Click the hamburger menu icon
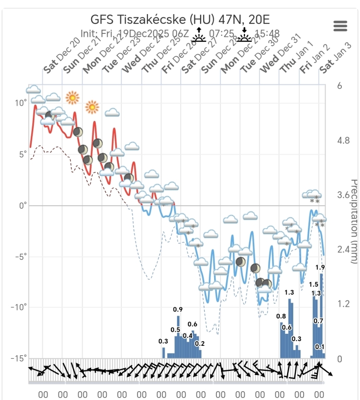click(340, 26)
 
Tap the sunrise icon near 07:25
click(198, 35)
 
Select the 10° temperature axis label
click(20, 103)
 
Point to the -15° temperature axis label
click(18, 358)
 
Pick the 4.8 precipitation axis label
click(344, 141)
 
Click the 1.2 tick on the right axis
click(344, 304)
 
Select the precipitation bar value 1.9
click(320, 267)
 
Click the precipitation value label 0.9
click(178, 310)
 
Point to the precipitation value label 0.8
click(281, 316)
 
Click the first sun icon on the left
click(72, 97)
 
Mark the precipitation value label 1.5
click(314, 284)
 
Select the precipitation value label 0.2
click(200, 344)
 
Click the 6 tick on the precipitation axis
click(340, 86)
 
